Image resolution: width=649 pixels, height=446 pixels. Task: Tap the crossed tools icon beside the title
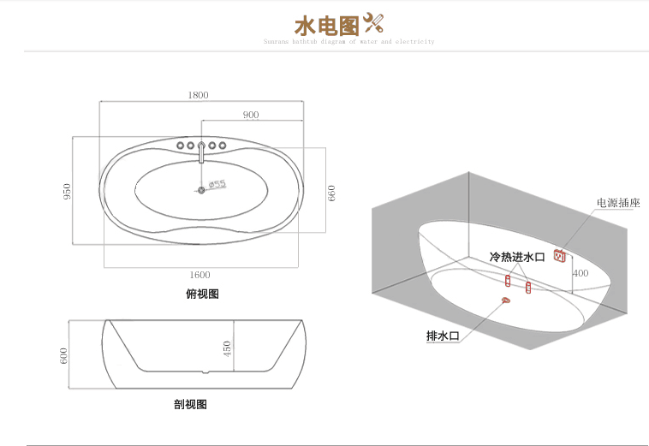[374, 22]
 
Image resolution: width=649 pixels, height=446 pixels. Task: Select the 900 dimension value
[251, 115]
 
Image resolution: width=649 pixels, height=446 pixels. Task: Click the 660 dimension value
[332, 193]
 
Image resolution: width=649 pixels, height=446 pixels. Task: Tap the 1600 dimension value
[199, 275]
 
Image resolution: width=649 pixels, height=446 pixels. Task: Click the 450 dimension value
[227, 350]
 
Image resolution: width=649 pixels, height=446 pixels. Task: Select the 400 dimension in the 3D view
[581, 274]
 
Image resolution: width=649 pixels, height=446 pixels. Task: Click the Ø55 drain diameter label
[216, 184]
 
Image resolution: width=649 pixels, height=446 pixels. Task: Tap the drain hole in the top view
[202, 190]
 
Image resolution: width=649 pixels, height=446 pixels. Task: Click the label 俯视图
[202, 294]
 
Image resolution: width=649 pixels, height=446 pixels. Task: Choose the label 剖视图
[190, 404]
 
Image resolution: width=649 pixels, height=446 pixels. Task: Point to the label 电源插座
[618, 203]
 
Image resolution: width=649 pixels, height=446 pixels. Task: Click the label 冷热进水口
[517, 256]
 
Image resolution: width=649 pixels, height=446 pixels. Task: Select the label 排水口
[443, 336]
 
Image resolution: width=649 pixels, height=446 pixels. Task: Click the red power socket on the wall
[562, 255]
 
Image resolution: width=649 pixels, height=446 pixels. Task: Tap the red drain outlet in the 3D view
[506, 299]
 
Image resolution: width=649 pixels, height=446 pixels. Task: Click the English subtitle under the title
[349, 41]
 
